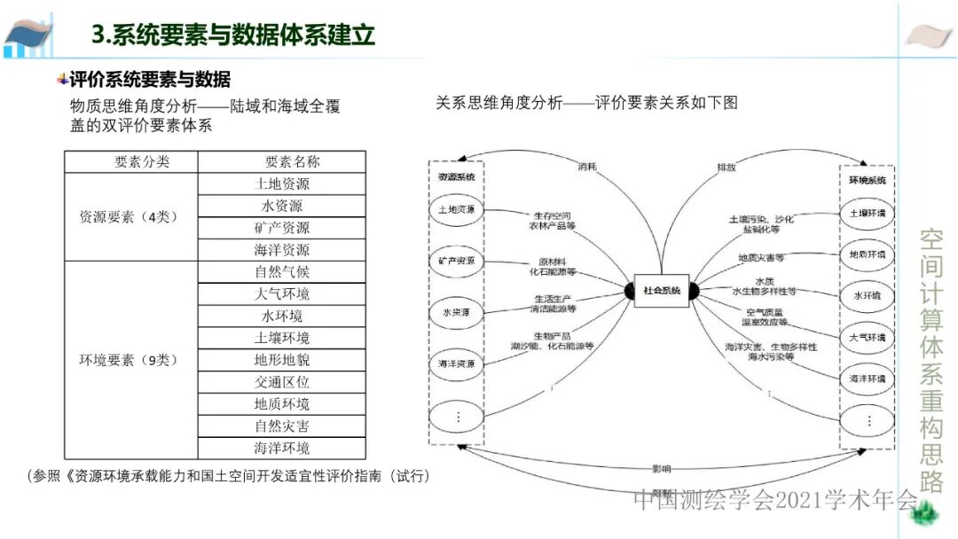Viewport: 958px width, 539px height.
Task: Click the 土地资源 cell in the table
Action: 281,184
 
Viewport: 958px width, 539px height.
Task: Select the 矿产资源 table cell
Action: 281,228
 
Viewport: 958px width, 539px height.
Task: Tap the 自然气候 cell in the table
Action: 281,272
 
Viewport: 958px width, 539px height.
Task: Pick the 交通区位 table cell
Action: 281,382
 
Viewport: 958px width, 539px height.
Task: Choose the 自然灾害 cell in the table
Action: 281,426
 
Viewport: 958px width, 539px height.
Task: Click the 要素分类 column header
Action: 142,162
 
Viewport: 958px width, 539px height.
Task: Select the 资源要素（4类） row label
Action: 130,217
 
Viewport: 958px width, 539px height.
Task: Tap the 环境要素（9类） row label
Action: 130,360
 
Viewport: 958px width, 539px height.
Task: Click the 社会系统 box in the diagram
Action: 662,291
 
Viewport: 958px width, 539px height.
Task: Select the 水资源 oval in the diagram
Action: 456,312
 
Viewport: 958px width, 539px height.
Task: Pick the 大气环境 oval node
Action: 867,338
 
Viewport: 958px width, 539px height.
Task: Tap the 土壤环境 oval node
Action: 867,214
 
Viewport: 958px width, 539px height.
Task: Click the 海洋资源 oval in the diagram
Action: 456,363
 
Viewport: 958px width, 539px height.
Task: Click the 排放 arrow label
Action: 726,167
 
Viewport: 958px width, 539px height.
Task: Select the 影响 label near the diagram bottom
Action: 661,467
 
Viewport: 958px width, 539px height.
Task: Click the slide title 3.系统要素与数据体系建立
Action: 233,35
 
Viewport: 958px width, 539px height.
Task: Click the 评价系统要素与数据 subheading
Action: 149,80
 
